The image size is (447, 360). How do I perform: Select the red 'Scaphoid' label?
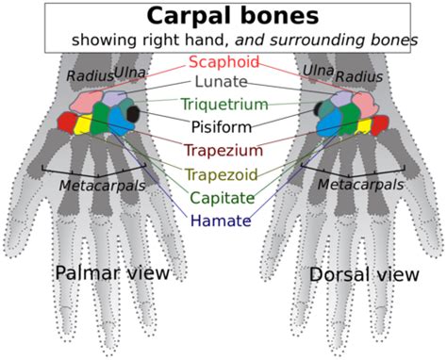click(x=223, y=63)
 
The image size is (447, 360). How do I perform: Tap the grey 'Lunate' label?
click(x=223, y=83)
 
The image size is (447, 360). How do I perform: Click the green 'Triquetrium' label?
click(x=223, y=105)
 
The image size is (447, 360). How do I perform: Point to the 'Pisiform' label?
click(x=223, y=126)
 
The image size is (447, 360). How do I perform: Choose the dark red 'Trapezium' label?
click(x=223, y=149)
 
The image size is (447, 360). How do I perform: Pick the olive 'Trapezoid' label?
click(x=223, y=174)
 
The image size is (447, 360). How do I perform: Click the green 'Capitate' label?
click(x=223, y=198)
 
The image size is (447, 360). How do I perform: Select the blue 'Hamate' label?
click(x=223, y=221)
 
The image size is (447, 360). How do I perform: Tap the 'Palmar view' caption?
click(x=112, y=273)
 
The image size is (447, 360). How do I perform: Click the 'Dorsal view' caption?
click(x=362, y=275)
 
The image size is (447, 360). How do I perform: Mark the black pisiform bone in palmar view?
click(x=133, y=114)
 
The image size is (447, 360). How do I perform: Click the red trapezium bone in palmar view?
click(x=66, y=122)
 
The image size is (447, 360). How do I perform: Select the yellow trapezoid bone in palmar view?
click(x=82, y=123)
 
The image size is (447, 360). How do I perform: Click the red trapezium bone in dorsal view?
click(x=378, y=124)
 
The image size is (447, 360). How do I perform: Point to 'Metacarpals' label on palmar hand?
click(x=102, y=186)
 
